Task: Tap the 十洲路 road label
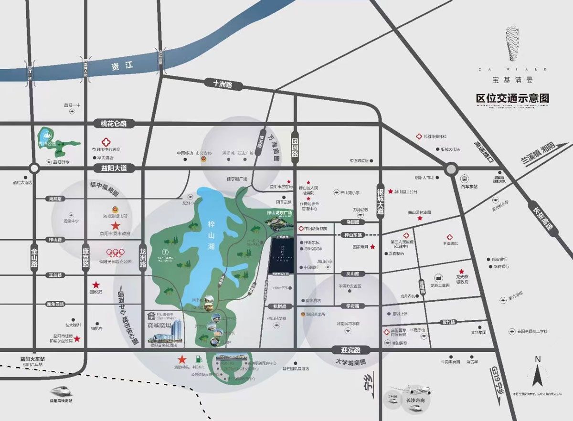pyautogui.click(x=223, y=84)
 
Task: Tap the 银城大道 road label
pyautogui.click(x=381, y=200)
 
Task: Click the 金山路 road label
pyautogui.click(x=34, y=259)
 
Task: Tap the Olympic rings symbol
pyautogui.click(x=115, y=253)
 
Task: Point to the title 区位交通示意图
pyautogui.click(x=512, y=98)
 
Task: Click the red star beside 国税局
pyautogui.click(x=96, y=284)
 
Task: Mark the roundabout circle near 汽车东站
pyautogui.click(x=451, y=168)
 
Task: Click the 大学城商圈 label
pyautogui.click(x=350, y=362)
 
